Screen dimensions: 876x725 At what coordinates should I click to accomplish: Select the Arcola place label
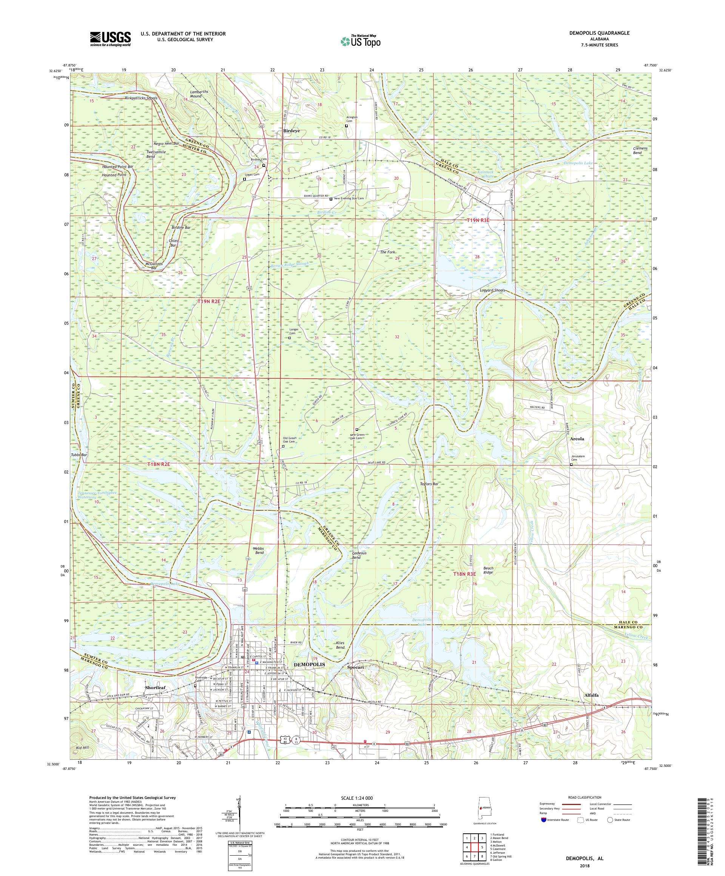[577, 439]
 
